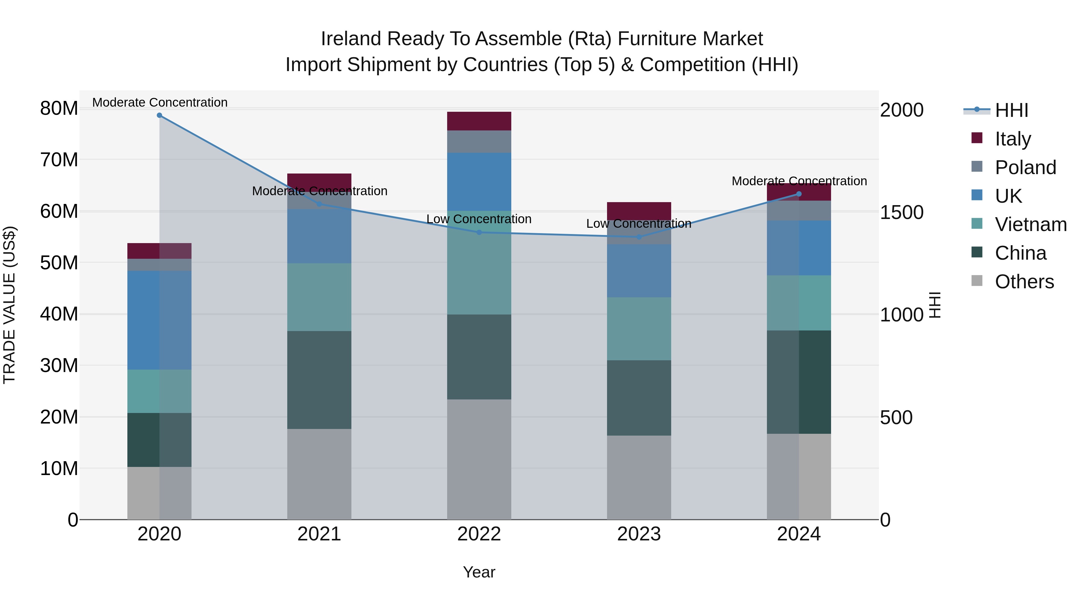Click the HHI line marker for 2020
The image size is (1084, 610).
(160, 115)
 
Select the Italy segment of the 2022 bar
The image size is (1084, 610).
(479, 121)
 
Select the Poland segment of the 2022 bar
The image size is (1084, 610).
(479, 142)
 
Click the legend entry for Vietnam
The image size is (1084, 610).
(1030, 224)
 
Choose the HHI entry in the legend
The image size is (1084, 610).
(1011, 110)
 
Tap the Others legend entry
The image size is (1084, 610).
(1024, 282)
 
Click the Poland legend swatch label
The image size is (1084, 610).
(1025, 167)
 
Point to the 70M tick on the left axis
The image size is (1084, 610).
(59, 160)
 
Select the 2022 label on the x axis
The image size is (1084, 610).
(479, 534)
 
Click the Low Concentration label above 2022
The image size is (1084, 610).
(479, 219)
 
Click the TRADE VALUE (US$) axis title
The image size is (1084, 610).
(9, 305)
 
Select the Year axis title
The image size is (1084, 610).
(479, 572)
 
